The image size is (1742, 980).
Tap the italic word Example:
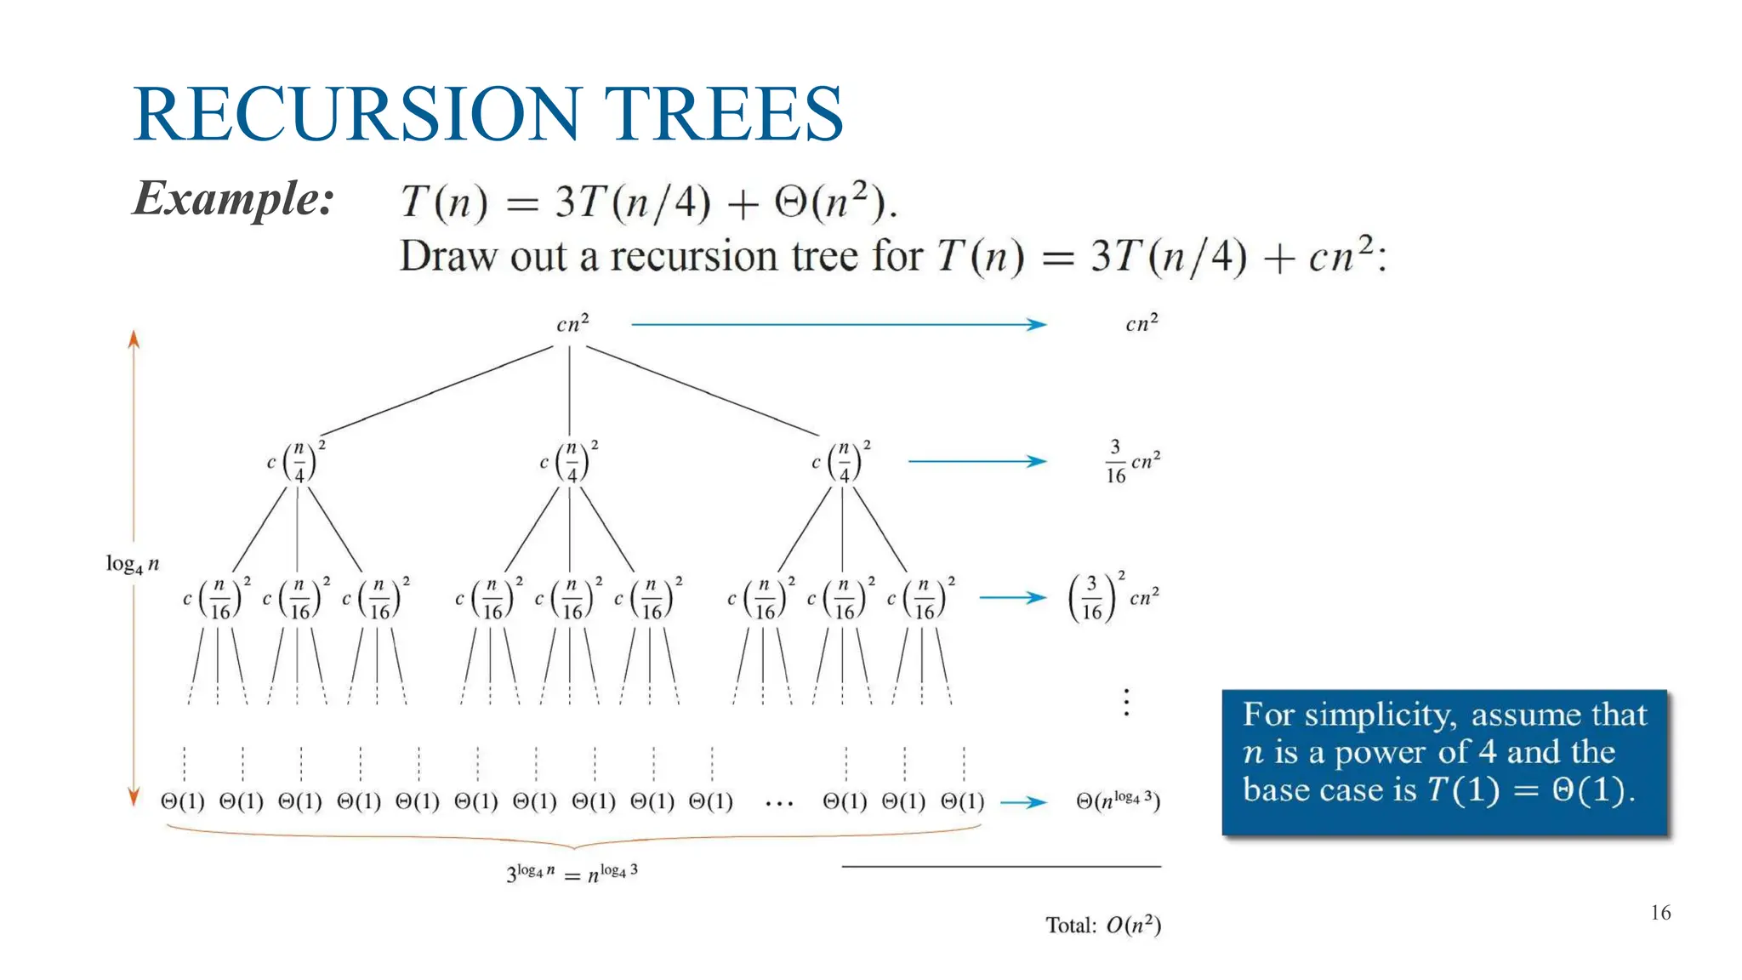[x=234, y=199]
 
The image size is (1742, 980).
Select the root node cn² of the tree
[x=572, y=324]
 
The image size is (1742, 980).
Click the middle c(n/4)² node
[x=569, y=462]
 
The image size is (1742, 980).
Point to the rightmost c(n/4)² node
[x=841, y=462]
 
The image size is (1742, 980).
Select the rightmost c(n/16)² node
[x=921, y=598]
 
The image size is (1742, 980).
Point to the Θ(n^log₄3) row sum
[x=1118, y=801]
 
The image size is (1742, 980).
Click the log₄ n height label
[x=132, y=564]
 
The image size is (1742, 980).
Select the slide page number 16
[x=1660, y=913]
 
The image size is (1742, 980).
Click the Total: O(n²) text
[x=1103, y=925]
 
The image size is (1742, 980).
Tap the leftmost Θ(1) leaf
[x=183, y=801]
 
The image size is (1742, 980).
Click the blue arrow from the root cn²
[x=838, y=324]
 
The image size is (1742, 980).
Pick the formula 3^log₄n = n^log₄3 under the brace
[x=572, y=873]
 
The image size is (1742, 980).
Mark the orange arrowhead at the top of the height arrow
[x=134, y=339]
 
